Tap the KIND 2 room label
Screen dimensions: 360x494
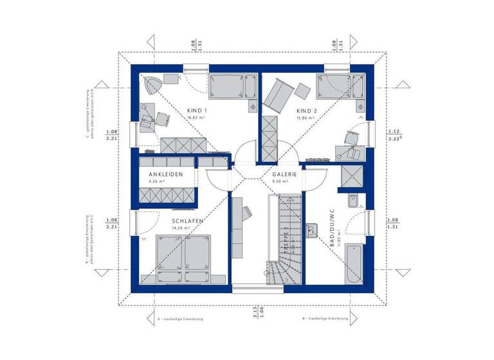306,110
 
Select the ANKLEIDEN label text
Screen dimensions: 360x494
166,174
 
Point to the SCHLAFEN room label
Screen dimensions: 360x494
187,221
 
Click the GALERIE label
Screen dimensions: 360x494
283,174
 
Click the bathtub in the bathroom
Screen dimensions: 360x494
352,264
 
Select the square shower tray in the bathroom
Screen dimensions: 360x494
352,177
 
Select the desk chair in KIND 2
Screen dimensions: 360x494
352,138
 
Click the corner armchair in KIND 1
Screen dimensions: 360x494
152,86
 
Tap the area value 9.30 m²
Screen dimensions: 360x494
280,182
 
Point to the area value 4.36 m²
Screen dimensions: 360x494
157,182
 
